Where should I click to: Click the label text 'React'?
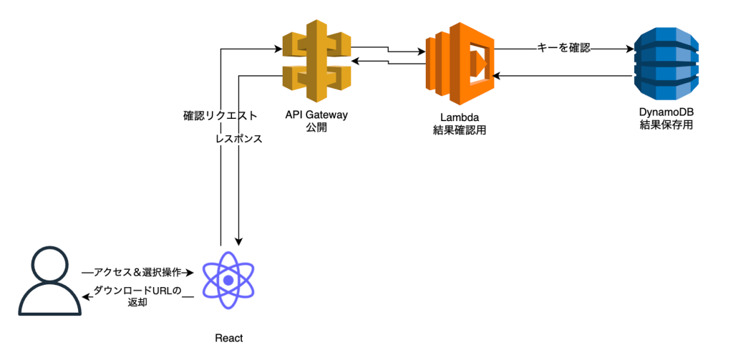229,339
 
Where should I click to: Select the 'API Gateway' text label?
316,115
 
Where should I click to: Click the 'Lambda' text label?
460,116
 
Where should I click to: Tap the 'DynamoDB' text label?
666,112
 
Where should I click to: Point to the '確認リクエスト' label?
220,115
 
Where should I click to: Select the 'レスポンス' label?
238,139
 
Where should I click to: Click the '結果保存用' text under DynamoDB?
666,125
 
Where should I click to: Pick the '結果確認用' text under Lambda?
460,129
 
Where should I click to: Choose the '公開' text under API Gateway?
316,128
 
